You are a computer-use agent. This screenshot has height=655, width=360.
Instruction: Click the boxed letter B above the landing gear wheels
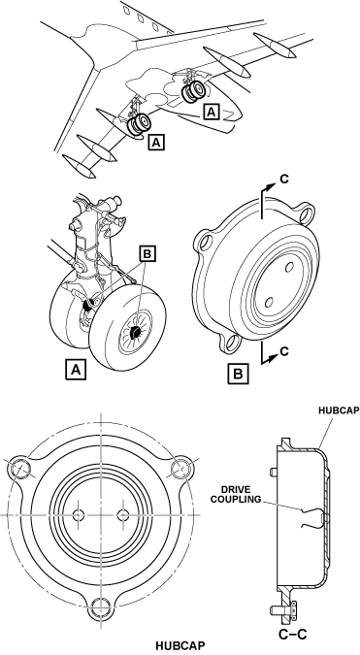147,254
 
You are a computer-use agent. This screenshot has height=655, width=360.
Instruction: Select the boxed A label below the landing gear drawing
76,370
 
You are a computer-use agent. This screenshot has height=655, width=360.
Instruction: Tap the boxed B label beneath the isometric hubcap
238,373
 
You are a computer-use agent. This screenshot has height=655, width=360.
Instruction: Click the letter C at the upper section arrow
284,179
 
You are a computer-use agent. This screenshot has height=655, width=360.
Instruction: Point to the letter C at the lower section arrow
284,351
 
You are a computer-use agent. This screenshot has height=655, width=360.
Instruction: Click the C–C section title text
293,634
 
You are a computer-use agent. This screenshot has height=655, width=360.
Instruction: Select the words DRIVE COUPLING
242,495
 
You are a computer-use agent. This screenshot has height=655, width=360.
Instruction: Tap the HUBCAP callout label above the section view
339,410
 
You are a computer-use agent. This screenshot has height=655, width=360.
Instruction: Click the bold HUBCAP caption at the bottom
180,645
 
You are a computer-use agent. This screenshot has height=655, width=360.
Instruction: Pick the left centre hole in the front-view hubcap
79,514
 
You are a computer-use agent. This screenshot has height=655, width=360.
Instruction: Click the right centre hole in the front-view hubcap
123,514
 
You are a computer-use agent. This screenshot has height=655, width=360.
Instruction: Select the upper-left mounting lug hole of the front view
19,469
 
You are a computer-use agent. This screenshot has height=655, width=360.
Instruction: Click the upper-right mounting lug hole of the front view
182,468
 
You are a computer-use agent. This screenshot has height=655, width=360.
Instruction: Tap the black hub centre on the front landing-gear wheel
136,333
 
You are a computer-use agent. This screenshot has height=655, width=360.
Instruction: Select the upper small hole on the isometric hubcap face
288,268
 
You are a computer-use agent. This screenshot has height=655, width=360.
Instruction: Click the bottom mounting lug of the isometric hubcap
229,343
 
